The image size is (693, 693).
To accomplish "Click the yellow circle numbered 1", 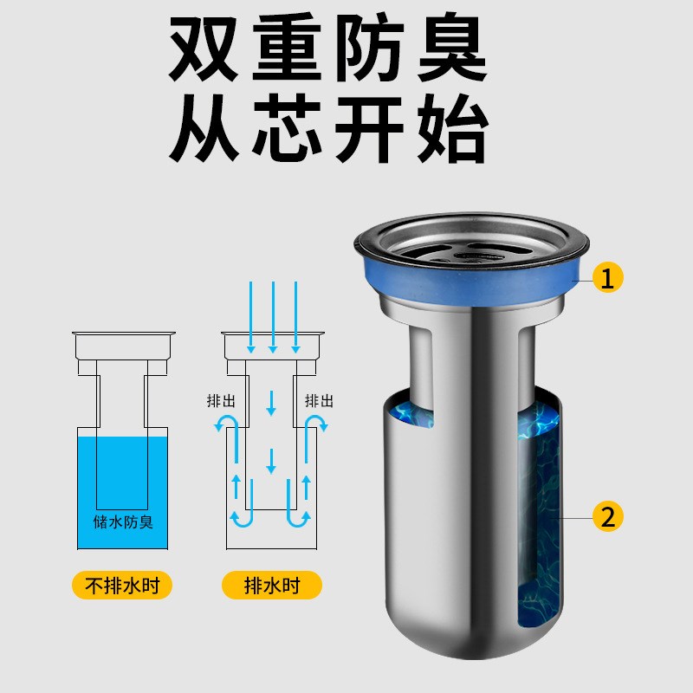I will [x=608, y=277].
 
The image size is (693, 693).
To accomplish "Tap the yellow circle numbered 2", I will [x=608, y=517].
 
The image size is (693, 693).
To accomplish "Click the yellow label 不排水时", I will [x=121, y=586].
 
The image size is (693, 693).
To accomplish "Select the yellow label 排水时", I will [x=272, y=586].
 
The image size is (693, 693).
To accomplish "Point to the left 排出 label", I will [x=220, y=401].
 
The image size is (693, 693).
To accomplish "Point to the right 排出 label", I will [x=320, y=401].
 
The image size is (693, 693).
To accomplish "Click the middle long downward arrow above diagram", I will [x=272, y=316].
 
